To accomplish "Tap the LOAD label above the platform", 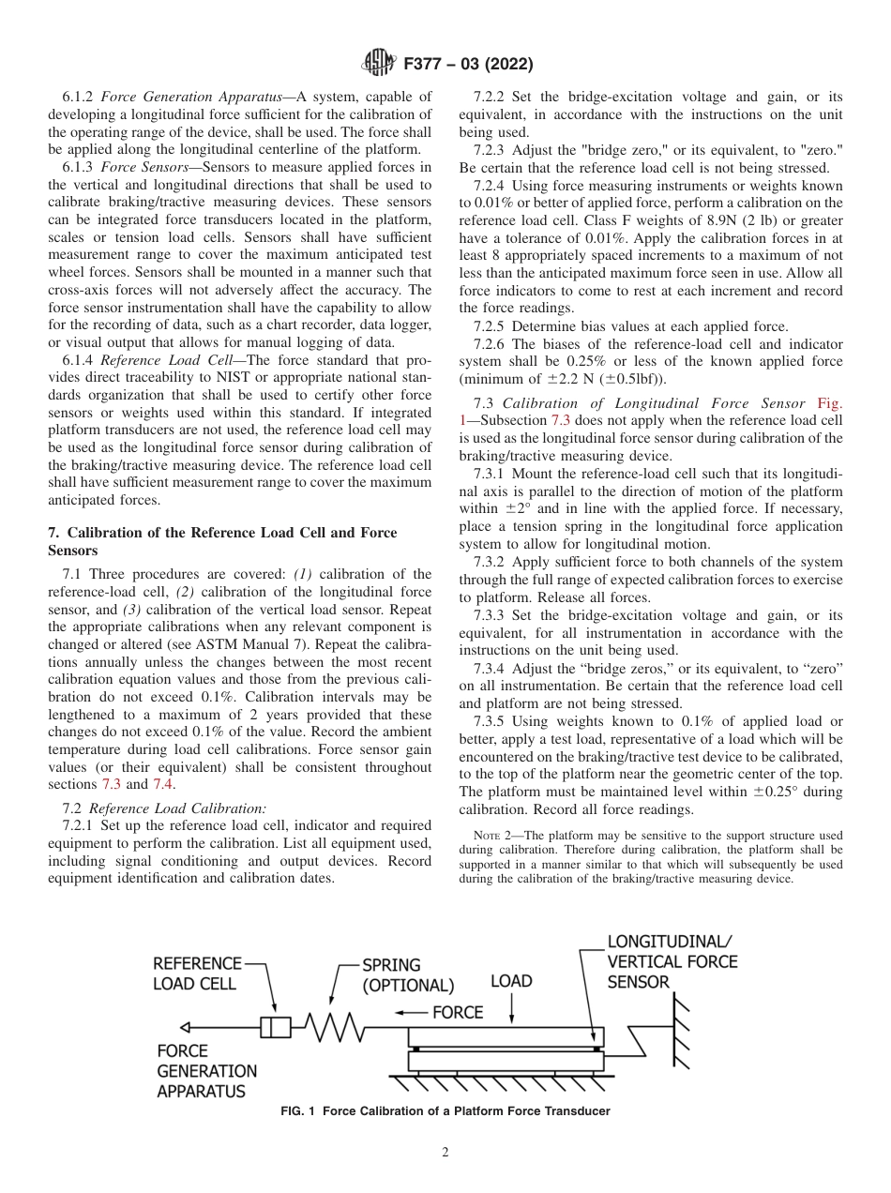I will (511, 981).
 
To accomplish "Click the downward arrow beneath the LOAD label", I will (511, 1009).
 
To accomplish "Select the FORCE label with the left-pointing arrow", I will (457, 1012).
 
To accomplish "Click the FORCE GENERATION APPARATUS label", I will (206, 1071).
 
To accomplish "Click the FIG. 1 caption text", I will (445, 1111).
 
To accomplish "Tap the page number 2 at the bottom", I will (445, 1153).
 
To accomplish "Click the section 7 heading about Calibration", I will (222, 541).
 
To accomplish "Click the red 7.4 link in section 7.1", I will (163, 784).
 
